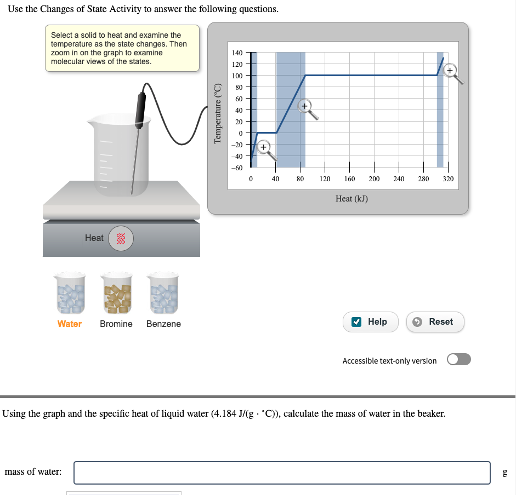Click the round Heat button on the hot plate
[121, 238]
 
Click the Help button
[370, 322]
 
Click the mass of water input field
[282, 473]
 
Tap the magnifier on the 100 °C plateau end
[451, 71]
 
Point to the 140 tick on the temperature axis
[237, 53]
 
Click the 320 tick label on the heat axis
[448, 179]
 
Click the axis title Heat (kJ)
[351, 198]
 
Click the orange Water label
[70, 324]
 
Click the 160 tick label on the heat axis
[349, 179]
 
